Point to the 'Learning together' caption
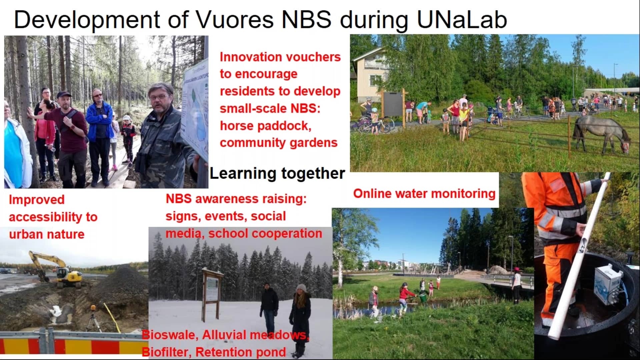(x=277, y=173)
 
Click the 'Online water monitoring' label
(x=424, y=193)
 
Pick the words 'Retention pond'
(x=240, y=352)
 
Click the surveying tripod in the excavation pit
(x=94, y=318)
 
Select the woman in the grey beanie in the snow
(x=301, y=320)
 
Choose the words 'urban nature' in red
(x=47, y=234)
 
